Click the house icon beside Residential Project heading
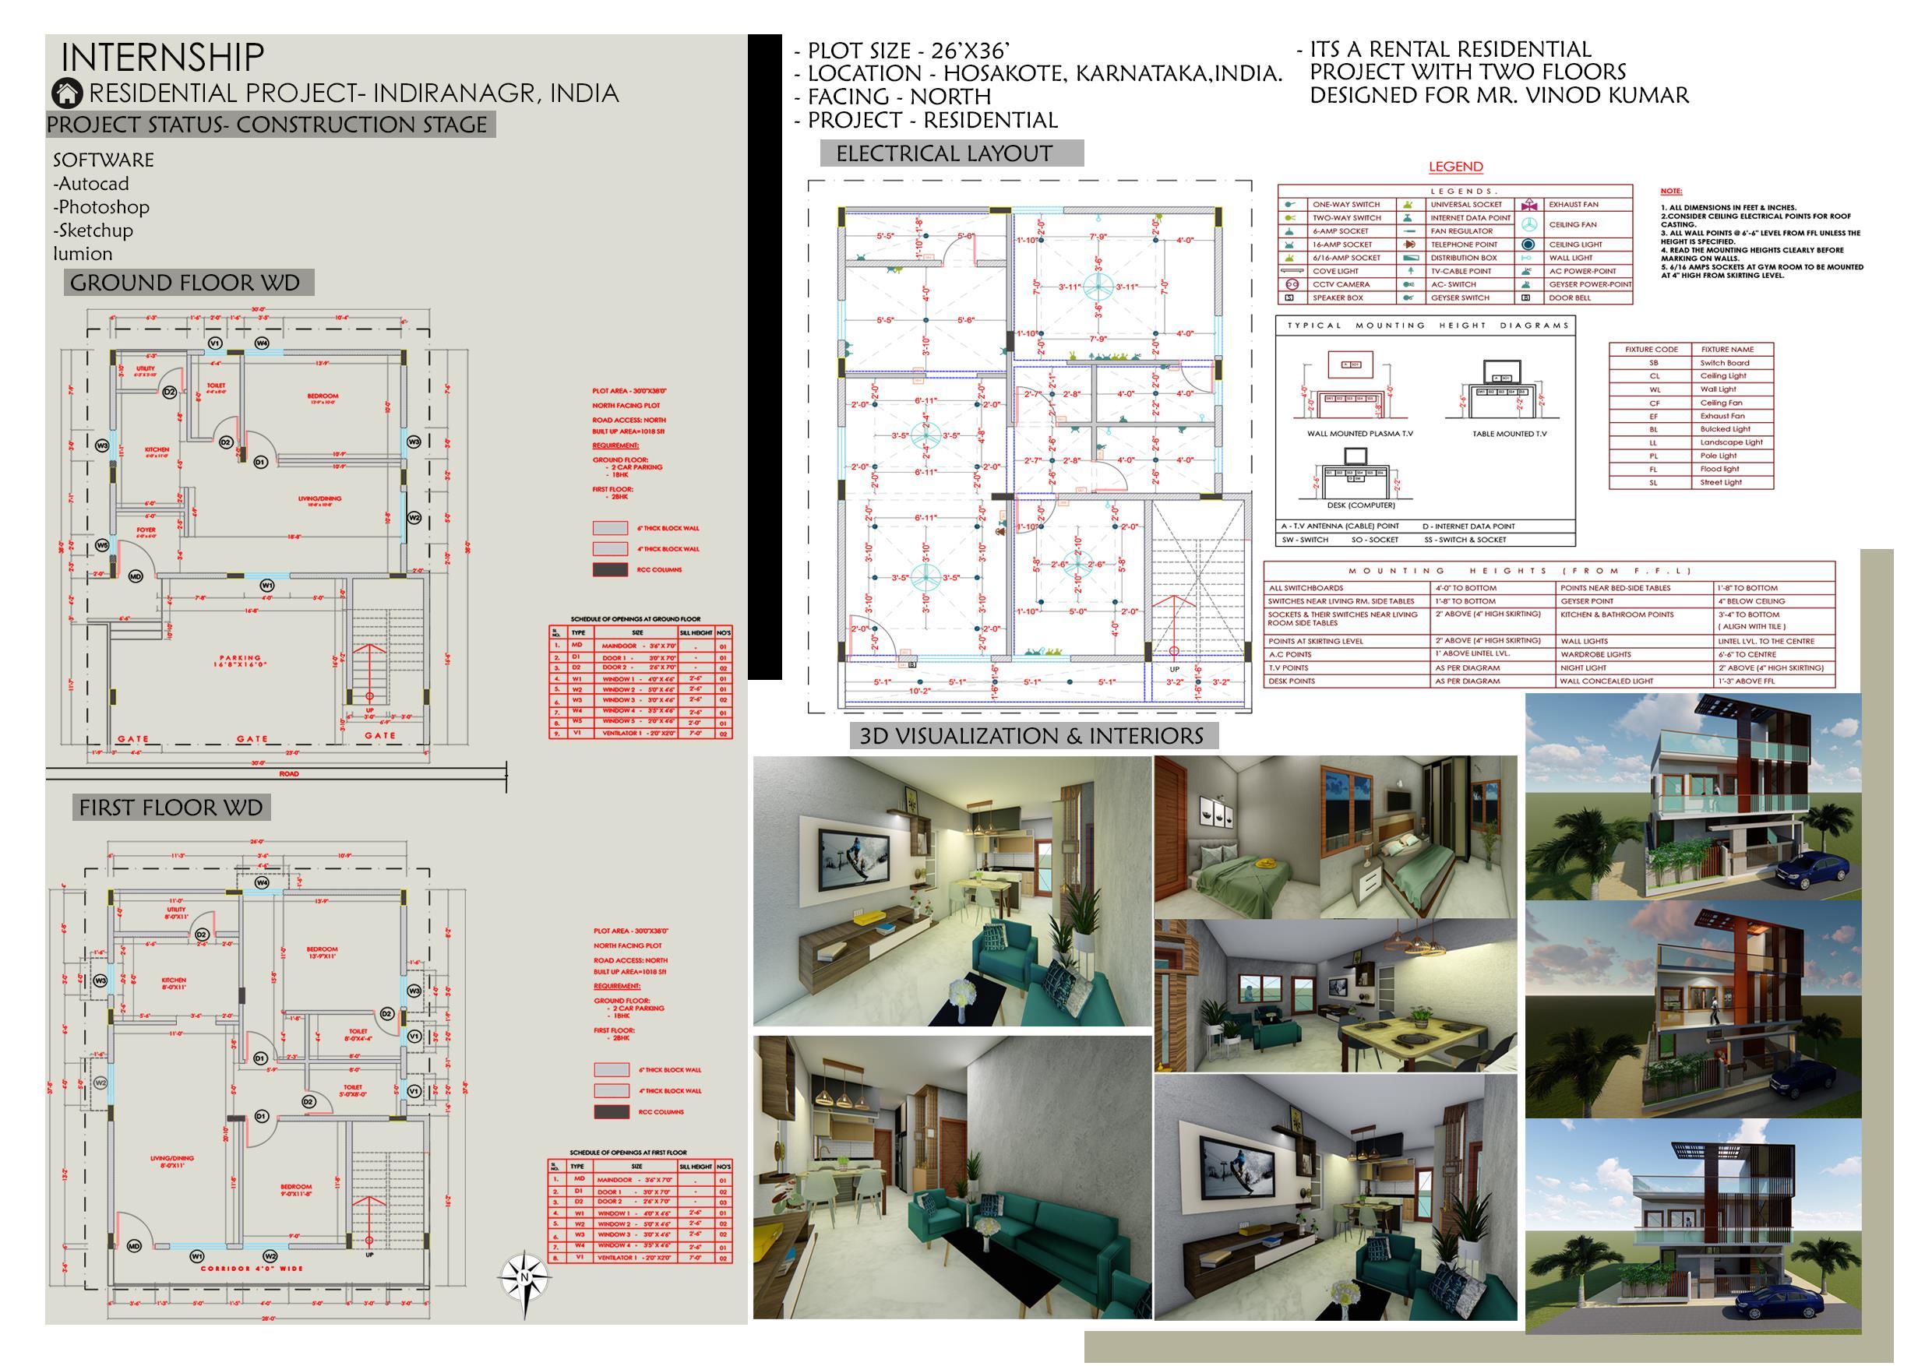[66, 93]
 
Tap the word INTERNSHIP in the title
[162, 57]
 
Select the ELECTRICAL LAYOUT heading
[943, 153]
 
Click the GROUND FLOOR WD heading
[185, 283]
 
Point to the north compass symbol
[524, 1278]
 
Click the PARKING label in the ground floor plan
[241, 659]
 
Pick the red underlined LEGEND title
[1456, 167]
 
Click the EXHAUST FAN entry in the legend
[1573, 204]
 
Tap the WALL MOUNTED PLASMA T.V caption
[1359, 434]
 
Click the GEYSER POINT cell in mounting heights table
[1586, 601]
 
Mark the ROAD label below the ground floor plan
[288, 774]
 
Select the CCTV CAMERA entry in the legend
[1341, 284]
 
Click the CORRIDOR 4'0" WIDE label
[252, 1269]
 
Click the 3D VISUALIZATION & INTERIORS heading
[1031, 736]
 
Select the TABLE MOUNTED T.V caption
[1509, 434]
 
